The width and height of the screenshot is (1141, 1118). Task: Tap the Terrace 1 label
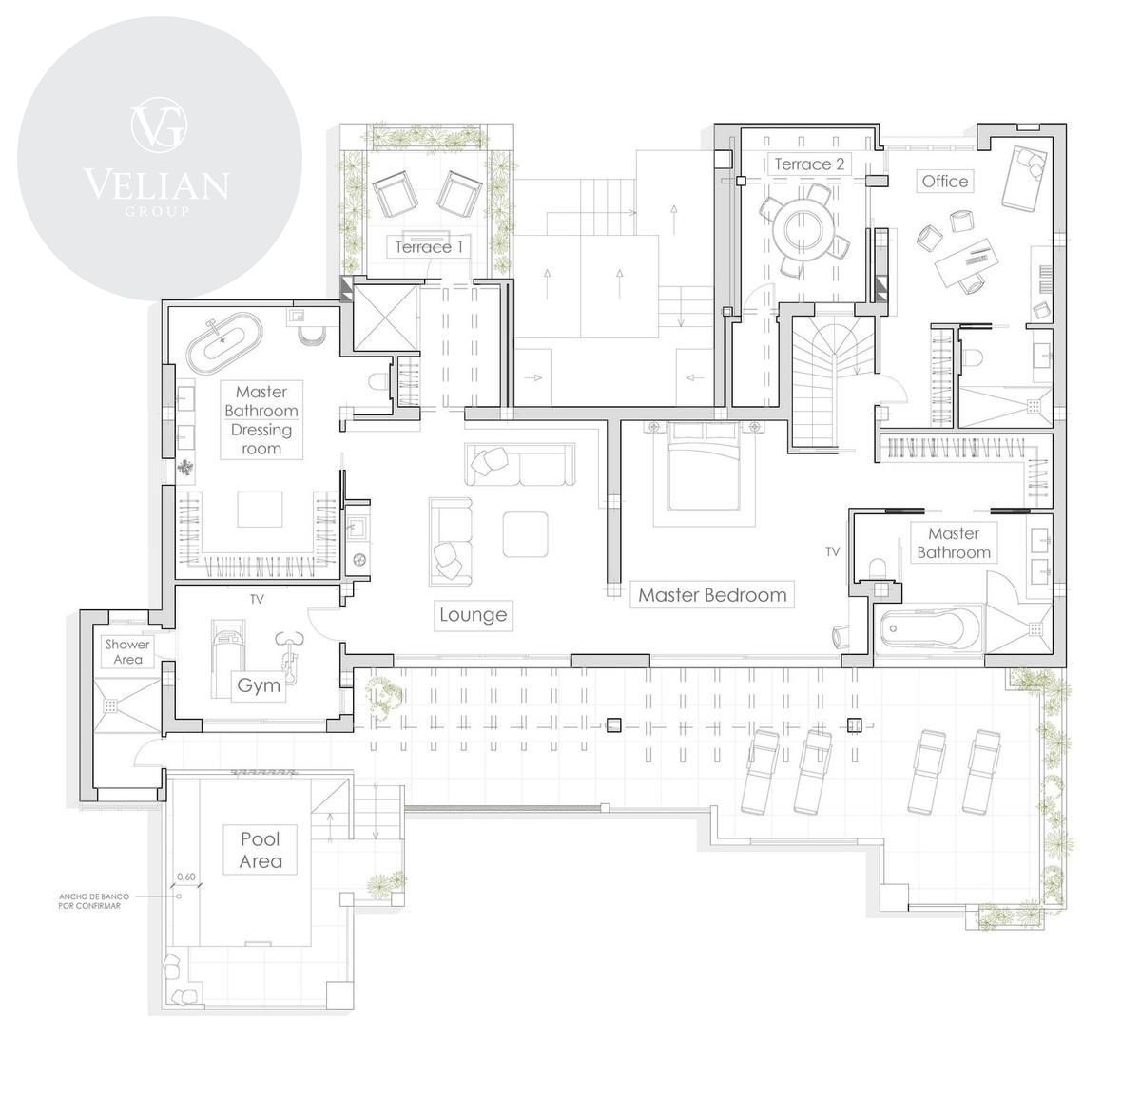(429, 246)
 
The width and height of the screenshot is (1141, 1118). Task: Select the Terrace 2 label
(809, 164)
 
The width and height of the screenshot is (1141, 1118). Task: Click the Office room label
(944, 182)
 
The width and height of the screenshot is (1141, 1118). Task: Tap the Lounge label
(474, 615)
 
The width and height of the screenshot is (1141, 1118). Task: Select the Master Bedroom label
(712, 594)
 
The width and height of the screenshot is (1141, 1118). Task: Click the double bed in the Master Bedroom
(704, 466)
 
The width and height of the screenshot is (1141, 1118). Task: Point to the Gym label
(259, 685)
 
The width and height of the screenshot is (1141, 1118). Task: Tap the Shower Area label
(128, 651)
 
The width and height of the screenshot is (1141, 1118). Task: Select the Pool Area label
(260, 850)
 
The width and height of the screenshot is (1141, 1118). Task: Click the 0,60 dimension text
(186, 877)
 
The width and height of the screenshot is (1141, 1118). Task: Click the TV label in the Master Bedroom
(833, 551)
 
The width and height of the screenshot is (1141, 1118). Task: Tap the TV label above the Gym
(257, 599)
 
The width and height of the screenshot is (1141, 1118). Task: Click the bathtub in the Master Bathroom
(927, 629)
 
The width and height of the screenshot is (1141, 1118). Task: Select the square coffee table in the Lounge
(525, 534)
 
